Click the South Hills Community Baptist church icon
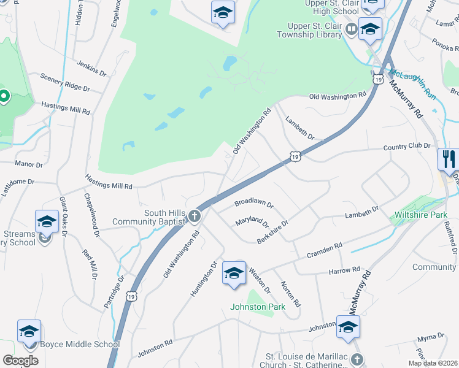pyautogui.click(x=195, y=216)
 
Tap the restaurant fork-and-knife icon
pyautogui.click(x=449, y=159)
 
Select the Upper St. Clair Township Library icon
pyautogui.click(x=351, y=28)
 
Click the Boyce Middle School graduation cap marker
pyautogui.click(x=29, y=332)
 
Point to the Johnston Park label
pyautogui.click(x=258, y=307)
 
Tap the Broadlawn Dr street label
pyautogui.click(x=253, y=204)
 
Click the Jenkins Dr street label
pyautogui.click(x=91, y=68)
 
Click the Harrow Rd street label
pyautogui.click(x=344, y=270)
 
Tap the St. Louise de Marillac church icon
pyautogui.click(x=358, y=359)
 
